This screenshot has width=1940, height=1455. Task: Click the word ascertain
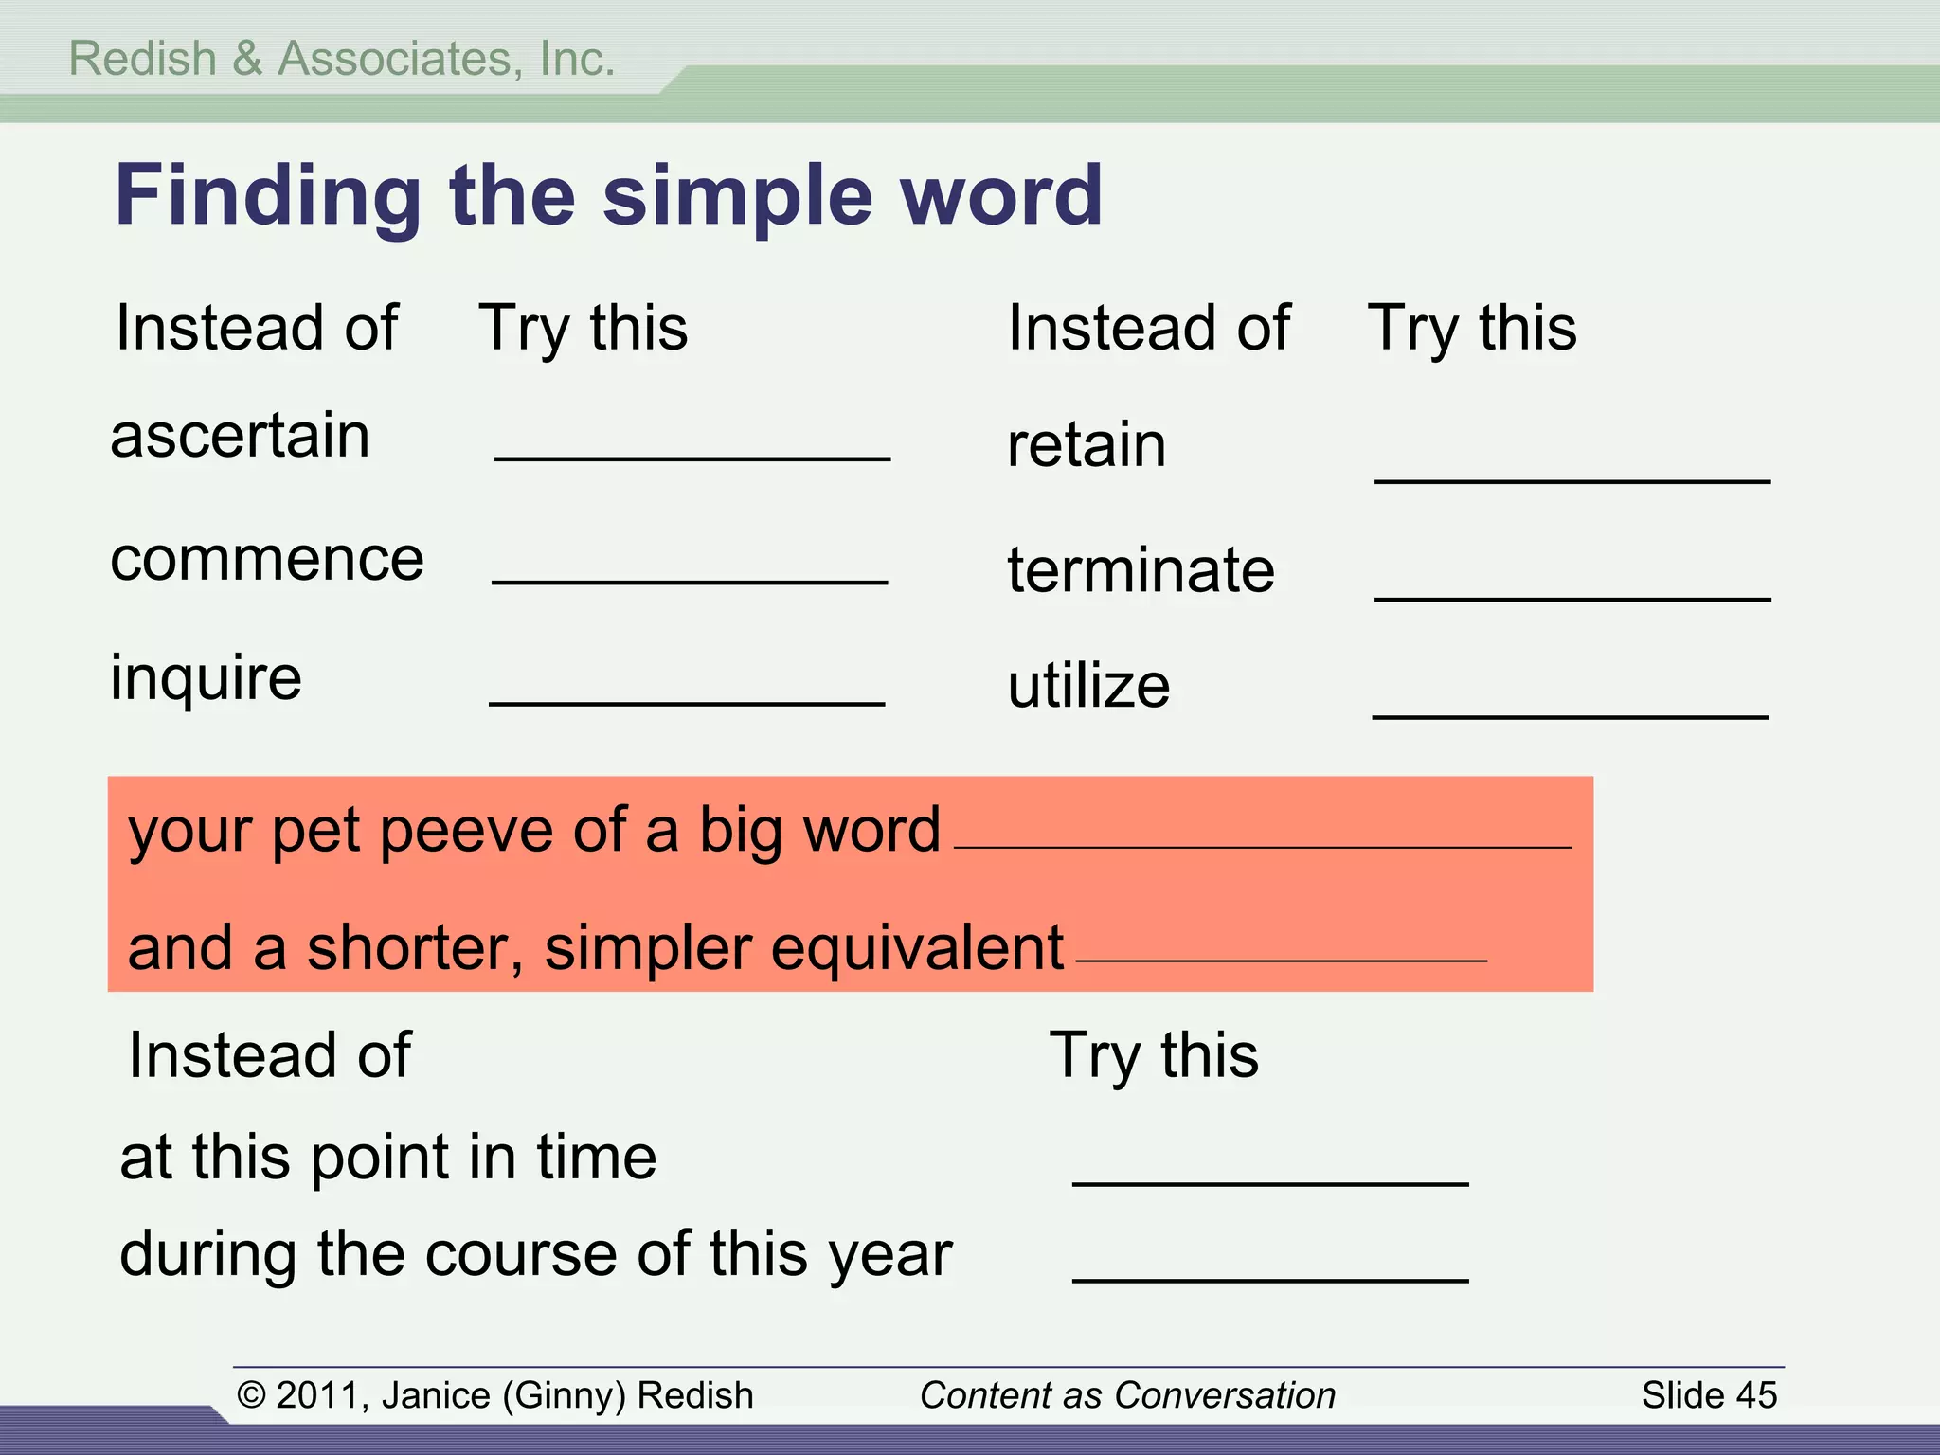coord(240,437)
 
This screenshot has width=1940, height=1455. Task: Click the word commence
coord(267,559)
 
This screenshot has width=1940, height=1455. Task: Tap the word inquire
coord(206,678)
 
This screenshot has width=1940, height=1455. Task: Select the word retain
coord(1087,445)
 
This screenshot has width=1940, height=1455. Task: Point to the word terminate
coord(1141,570)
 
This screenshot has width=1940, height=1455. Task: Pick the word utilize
coord(1088,686)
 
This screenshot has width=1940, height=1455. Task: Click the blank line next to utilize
coord(1570,715)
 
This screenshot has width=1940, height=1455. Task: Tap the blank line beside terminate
coord(1572,597)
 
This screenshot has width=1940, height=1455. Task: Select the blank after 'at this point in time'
coord(1269,1182)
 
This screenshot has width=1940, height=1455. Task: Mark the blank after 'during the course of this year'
coord(1269,1279)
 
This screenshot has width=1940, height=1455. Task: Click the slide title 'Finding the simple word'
coord(608,195)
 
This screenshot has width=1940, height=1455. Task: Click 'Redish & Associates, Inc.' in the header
coord(342,59)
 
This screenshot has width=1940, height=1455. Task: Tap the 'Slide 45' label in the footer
coord(1708,1395)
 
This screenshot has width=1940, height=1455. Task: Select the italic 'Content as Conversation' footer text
coord(1126,1395)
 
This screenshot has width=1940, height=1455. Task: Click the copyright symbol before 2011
coord(251,1395)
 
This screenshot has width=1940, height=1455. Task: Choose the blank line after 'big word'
coord(1261,846)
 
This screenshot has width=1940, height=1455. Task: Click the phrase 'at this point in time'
coord(387,1158)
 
